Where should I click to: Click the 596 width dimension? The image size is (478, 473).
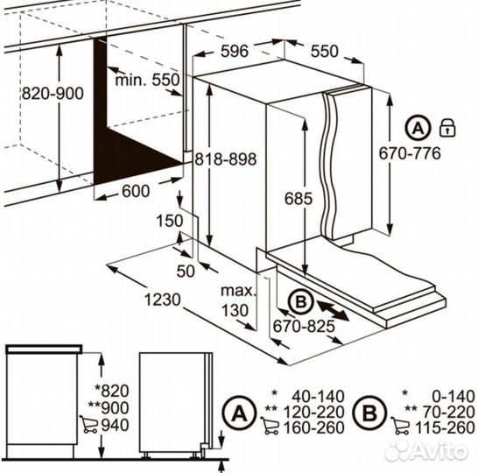click(235, 51)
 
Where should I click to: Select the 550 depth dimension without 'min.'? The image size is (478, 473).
click(324, 51)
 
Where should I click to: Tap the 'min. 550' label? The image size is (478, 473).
click(148, 80)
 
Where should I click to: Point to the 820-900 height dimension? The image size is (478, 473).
click(53, 94)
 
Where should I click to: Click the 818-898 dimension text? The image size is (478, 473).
click(226, 159)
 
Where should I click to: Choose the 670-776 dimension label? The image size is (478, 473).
click(410, 153)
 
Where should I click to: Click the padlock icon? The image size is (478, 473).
click(447, 128)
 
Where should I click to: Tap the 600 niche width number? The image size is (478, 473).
click(136, 191)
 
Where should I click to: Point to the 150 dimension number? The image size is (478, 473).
click(170, 221)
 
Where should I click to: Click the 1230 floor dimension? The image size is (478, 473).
click(163, 300)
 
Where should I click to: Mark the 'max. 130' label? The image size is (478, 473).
click(237, 300)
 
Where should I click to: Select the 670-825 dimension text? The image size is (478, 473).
click(304, 327)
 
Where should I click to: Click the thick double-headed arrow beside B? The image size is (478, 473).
click(333, 310)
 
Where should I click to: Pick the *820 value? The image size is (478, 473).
click(111, 391)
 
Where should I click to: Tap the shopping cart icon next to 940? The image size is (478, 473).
click(89, 424)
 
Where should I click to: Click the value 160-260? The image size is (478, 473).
click(314, 427)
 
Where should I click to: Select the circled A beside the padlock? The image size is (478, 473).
click(418, 128)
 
